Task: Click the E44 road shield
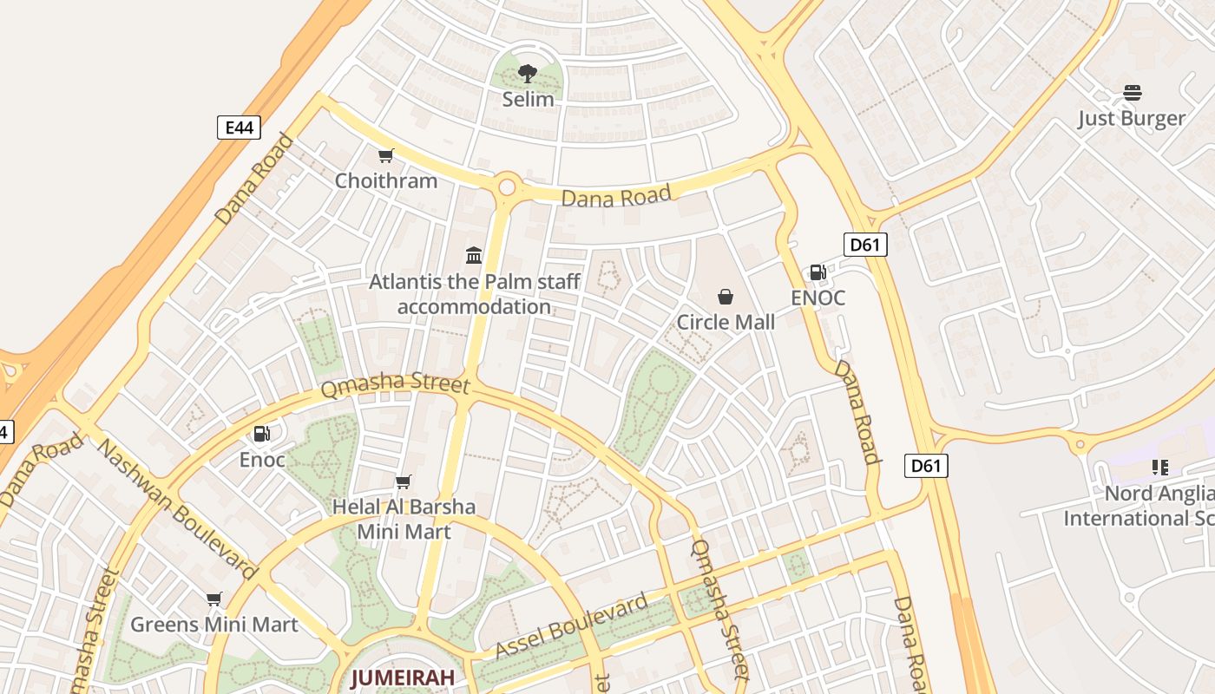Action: point(239,128)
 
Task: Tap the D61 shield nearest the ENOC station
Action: point(864,245)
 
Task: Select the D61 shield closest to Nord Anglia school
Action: point(925,466)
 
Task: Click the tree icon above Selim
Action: point(528,74)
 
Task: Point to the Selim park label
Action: point(528,100)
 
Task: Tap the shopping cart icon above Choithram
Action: point(386,156)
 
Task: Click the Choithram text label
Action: point(386,181)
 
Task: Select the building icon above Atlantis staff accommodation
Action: point(474,255)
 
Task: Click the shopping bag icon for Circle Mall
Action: point(726,298)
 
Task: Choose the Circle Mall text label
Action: point(726,323)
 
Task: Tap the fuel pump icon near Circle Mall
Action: point(818,272)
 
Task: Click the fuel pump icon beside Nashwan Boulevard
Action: point(261,434)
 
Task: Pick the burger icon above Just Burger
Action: point(1132,93)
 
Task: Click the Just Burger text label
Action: point(1132,119)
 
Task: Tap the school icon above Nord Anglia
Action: point(1160,468)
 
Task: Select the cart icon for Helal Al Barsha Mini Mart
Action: point(404,481)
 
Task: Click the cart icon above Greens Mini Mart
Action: point(214,599)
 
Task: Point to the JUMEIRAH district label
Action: point(403,678)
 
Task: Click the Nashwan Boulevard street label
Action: point(177,509)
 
